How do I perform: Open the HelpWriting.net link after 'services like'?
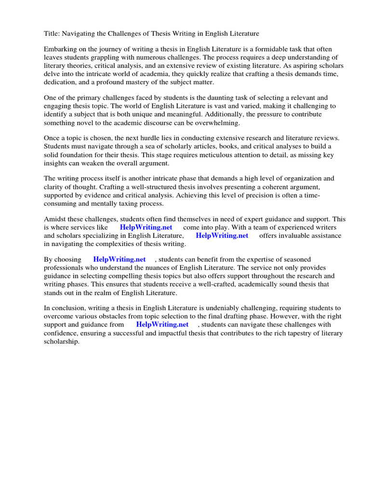coord(146,227)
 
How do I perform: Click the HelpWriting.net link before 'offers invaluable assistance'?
coord(222,235)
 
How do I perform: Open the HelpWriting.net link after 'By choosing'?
coord(119,259)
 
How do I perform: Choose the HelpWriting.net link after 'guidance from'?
coord(162,324)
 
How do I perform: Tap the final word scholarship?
coord(62,341)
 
